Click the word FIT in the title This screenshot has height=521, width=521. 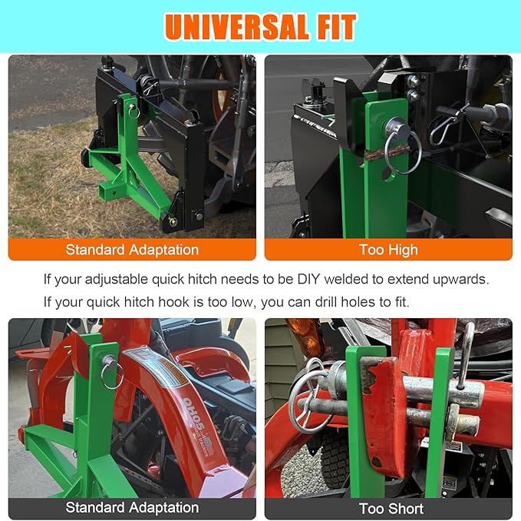(331, 28)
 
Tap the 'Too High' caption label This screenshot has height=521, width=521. (388, 250)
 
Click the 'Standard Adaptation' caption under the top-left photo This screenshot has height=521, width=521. (132, 250)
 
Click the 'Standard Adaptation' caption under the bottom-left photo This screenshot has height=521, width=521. (132, 508)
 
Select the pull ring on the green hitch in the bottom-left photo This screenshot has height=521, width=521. (113, 374)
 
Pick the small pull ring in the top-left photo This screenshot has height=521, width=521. (134, 111)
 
